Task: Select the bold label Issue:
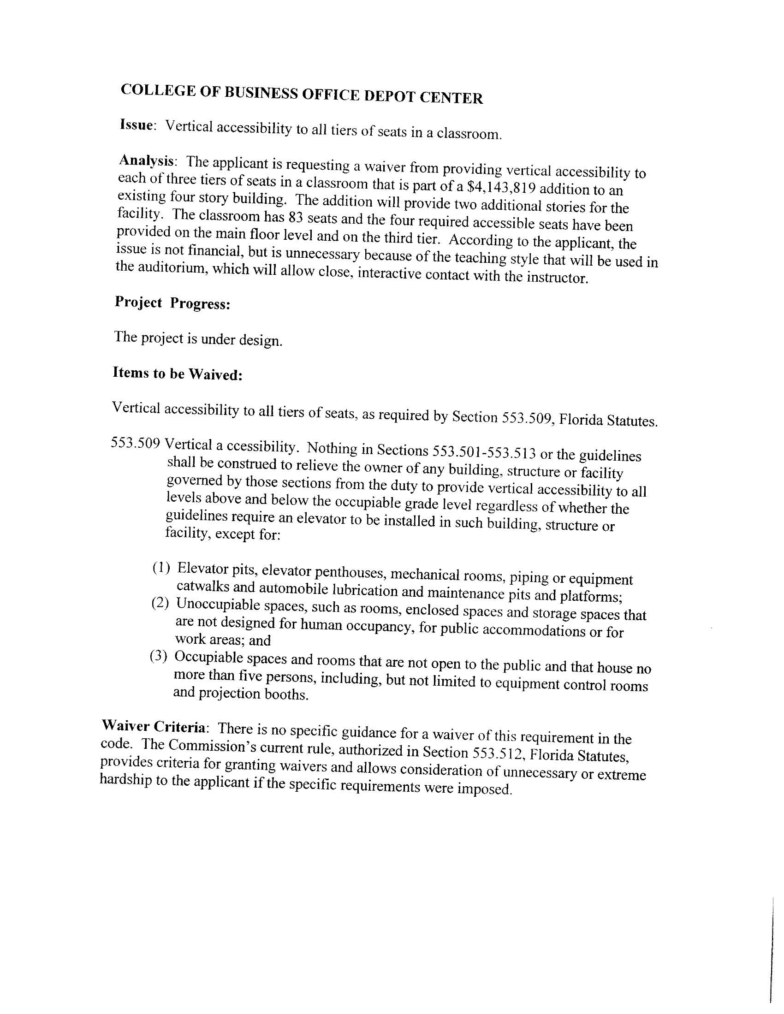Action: pos(137,125)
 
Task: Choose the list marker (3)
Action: pos(158,656)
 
